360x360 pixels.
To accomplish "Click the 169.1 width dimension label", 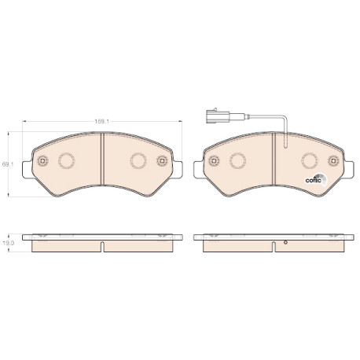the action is [101, 121].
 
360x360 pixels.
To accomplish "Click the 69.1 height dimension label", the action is [8, 164].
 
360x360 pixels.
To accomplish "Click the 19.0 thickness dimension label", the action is [8, 243].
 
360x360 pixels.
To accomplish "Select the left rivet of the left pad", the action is [42, 160].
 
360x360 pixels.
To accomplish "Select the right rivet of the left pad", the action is [162, 160].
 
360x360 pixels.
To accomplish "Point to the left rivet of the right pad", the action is [214, 160].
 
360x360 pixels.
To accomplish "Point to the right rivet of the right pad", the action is [333, 160].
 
